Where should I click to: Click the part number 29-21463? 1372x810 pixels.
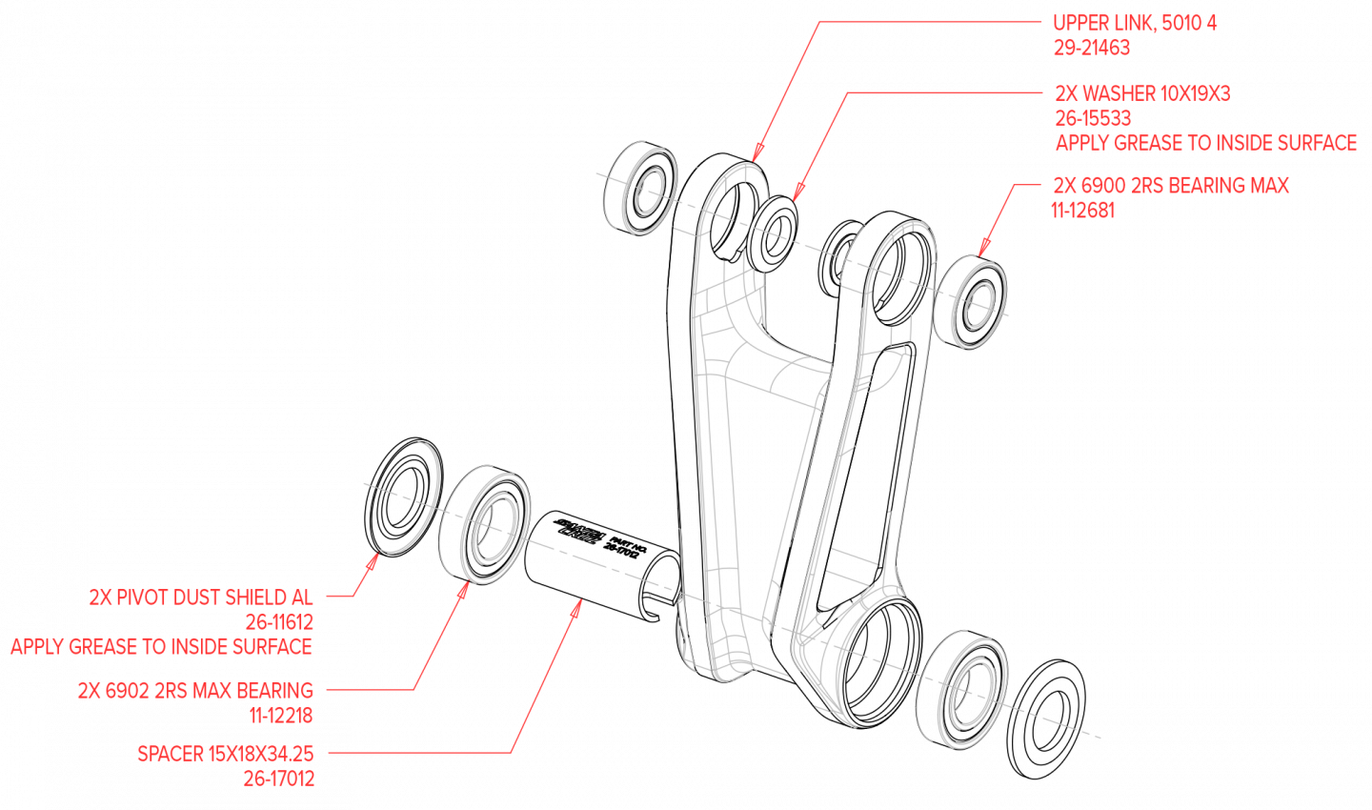pos(1091,48)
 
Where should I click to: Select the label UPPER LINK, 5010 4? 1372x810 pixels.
pos(1134,23)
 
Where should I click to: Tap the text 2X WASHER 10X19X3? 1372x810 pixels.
pos(1142,93)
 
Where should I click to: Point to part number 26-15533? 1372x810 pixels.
pos(1093,118)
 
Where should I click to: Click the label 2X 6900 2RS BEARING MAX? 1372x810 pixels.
pos(1170,186)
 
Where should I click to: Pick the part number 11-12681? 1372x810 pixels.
pos(1082,211)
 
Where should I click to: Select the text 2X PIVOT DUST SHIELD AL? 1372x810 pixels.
pos(201,597)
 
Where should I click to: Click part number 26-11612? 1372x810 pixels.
pos(279,622)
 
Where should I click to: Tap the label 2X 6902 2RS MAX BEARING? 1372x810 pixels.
pos(195,691)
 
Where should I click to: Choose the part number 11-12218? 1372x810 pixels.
pos(281,716)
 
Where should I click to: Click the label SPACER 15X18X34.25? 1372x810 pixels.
pos(226,754)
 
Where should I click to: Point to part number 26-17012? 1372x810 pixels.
pos(279,779)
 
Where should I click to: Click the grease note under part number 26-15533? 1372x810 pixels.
pos(1205,143)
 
